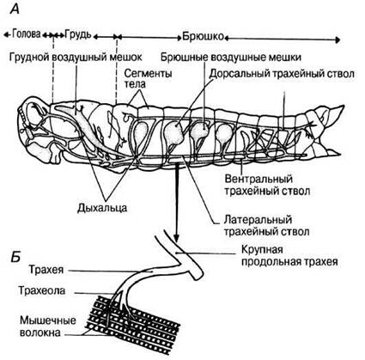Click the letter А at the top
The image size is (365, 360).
(15, 9)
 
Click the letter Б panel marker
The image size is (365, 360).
(15, 258)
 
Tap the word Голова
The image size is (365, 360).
(26, 34)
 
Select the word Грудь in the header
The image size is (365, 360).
(78, 34)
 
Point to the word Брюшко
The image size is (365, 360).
(203, 37)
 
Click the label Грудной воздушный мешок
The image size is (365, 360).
(76, 57)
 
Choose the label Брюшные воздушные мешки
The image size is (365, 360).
(231, 58)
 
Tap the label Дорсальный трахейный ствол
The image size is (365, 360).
(282, 74)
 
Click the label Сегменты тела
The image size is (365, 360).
(148, 78)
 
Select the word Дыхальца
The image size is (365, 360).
(102, 207)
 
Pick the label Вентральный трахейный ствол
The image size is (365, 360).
(267, 185)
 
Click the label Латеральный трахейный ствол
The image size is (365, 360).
(266, 226)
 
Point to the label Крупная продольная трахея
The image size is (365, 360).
(289, 255)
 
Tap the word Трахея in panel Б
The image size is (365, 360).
(46, 270)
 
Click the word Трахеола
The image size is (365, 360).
(42, 290)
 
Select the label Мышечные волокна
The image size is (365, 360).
(48, 326)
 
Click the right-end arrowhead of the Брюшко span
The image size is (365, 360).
(338, 40)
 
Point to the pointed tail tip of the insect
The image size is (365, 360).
(344, 106)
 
